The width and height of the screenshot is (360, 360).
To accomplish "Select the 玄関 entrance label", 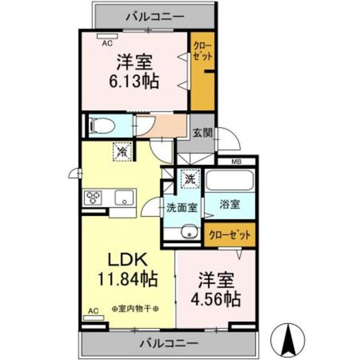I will [203, 132].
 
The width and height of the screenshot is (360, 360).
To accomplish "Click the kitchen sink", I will [123, 197].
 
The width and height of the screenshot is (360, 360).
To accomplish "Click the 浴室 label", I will [230, 204].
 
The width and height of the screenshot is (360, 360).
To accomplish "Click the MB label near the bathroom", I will [236, 161].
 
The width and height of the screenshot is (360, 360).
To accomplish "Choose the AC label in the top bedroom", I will [107, 44].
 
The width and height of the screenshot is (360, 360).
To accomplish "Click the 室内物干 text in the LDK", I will [134, 308].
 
